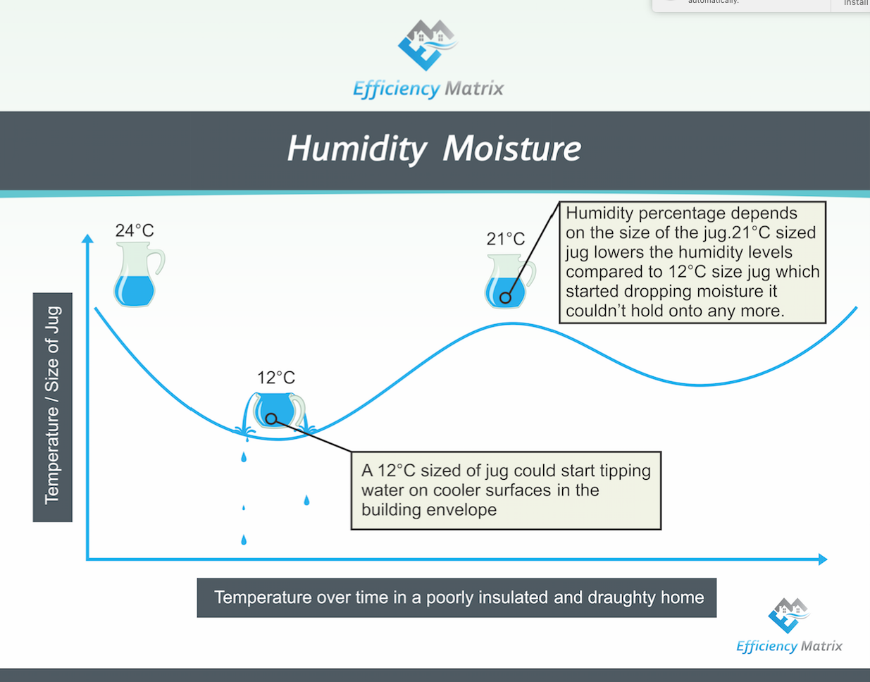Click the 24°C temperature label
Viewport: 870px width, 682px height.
pyautogui.click(x=135, y=230)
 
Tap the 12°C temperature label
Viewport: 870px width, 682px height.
pyautogui.click(x=276, y=378)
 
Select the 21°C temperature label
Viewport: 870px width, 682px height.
pyautogui.click(x=505, y=239)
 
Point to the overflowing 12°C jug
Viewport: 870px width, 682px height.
pyautogui.click(x=278, y=411)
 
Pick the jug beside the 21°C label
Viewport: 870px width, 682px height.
pyautogui.click(x=507, y=282)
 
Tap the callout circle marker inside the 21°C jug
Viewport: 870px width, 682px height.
pyautogui.click(x=505, y=298)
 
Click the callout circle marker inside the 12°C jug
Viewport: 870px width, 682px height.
pyautogui.click(x=271, y=418)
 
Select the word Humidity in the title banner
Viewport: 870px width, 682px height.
pyautogui.click(x=356, y=149)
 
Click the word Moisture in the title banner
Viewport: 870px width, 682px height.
pyautogui.click(x=512, y=149)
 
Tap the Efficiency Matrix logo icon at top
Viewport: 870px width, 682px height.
pyautogui.click(x=427, y=44)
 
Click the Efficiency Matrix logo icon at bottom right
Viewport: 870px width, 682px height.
pyautogui.click(x=788, y=615)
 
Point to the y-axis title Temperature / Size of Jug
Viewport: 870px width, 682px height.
pyautogui.click(x=53, y=407)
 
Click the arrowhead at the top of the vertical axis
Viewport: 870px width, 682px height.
pyautogui.click(x=87, y=239)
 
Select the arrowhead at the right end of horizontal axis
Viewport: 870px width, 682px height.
pyautogui.click(x=822, y=559)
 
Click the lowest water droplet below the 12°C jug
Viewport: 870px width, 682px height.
pyautogui.click(x=244, y=540)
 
